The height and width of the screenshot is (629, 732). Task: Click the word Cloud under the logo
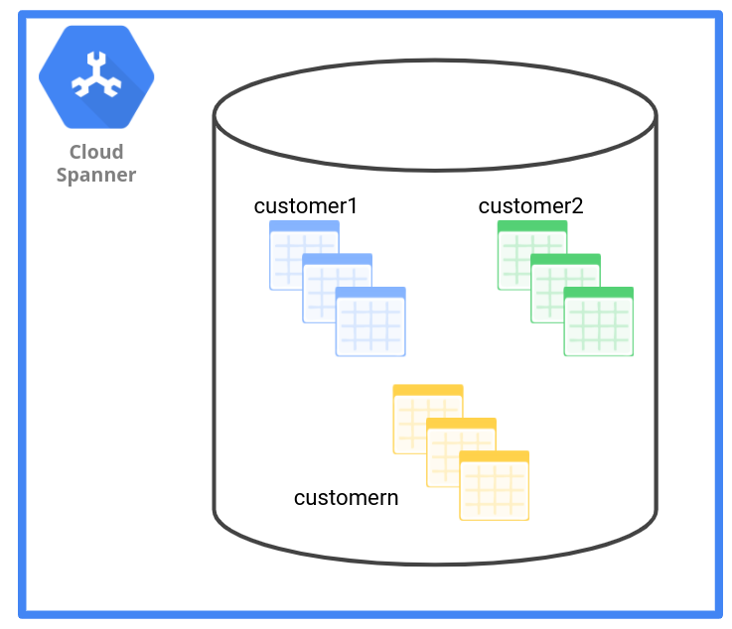(x=96, y=152)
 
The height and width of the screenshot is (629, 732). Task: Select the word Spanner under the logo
(x=96, y=175)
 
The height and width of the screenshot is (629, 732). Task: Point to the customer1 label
(x=305, y=206)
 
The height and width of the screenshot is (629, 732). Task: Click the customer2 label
(x=530, y=206)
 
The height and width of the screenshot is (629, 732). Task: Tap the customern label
(x=346, y=497)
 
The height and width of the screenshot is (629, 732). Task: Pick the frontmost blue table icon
(x=370, y=324)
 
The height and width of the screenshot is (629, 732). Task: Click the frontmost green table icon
(x=598, y=324)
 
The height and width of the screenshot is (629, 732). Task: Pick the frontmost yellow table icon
(x=494, y=488)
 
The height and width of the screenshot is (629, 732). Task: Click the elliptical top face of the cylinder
(x=435, y=115)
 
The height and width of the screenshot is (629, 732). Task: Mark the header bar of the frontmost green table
(x=598, y=293)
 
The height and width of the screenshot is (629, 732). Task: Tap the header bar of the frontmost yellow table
(x=494, y=456)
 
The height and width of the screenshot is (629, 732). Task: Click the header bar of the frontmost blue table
(x=370, y=293)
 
